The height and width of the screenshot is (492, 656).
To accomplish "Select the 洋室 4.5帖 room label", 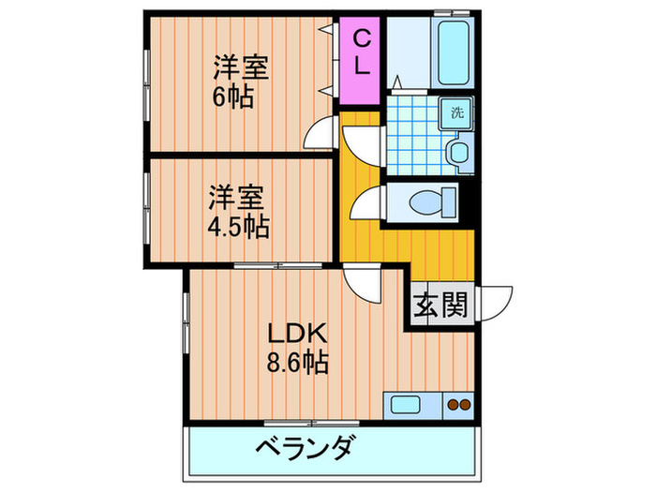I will coord(237,212).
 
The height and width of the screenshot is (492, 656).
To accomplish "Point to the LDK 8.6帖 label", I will coord(297,347).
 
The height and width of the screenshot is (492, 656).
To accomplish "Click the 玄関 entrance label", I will coord(440,306).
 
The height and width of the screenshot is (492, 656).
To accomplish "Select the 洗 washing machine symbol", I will coord(457,112).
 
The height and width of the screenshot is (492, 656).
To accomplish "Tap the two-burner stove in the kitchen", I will coord(458,406).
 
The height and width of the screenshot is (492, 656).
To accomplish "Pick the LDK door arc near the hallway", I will coord(359,284).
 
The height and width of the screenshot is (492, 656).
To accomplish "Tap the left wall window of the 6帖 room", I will coord(146,80).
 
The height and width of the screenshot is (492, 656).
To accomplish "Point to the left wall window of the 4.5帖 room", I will coord(146,212).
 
